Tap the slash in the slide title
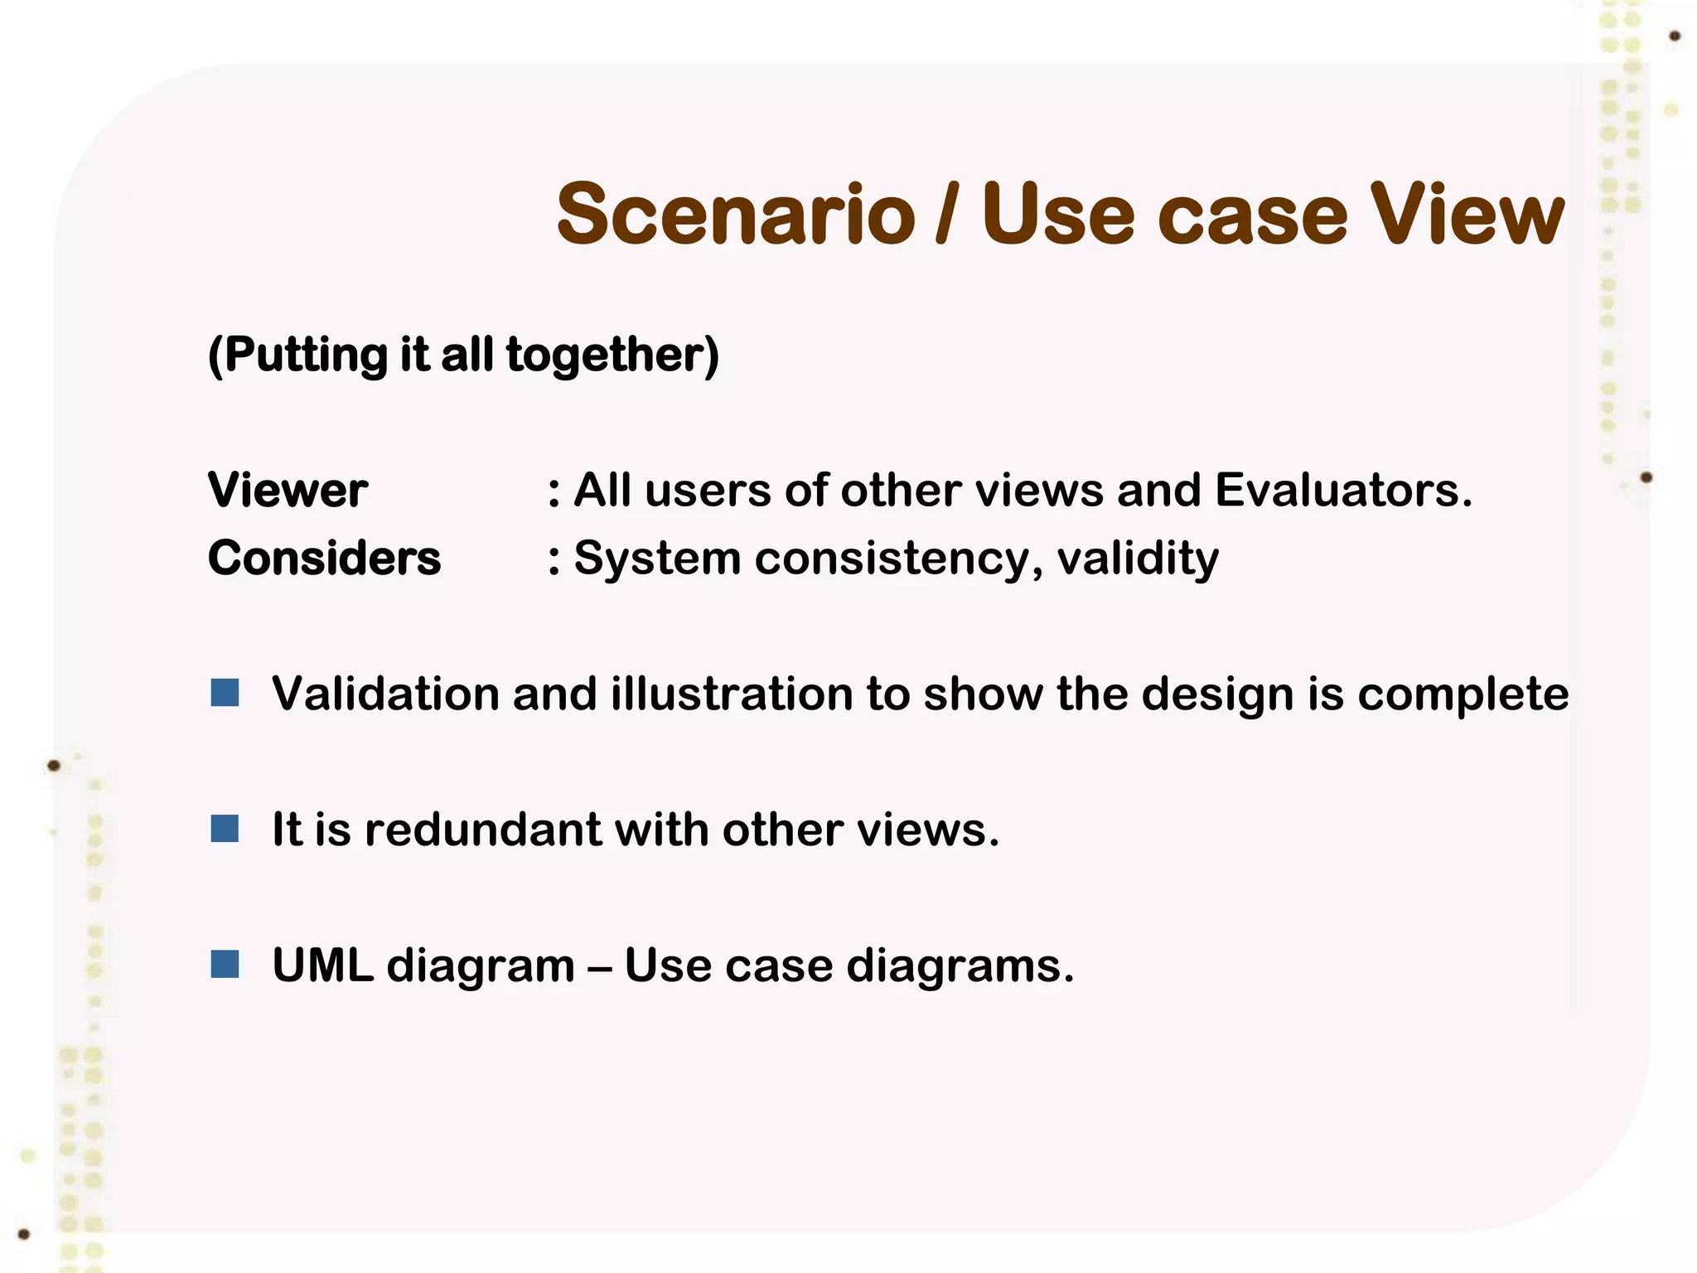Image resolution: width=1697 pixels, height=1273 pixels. pos(946,215)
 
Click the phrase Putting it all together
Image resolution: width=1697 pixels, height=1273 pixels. pos(463,355)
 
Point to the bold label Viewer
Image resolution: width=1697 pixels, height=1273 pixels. pos(288,490)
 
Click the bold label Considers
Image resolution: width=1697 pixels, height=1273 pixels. pos(324,558)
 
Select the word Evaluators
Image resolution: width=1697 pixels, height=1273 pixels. pos(1342,490)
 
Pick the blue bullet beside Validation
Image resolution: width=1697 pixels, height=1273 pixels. pos(225,692)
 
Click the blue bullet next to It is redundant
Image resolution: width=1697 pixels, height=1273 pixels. pos(225,828)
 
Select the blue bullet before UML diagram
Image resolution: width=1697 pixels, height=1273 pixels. pos(225,964)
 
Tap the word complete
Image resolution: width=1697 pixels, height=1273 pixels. pos(1463,695)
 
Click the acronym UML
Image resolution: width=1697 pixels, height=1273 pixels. pos(322,966)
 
